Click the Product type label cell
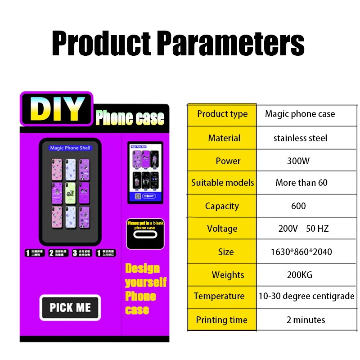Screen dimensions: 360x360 point(222,114)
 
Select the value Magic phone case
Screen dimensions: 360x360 point(300,114)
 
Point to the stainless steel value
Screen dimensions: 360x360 point(300,138)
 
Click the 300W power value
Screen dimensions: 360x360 point(298,161)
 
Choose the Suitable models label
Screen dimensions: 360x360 point(222,183)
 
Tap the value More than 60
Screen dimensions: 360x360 point(301,183)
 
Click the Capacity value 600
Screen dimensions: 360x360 point(298,206)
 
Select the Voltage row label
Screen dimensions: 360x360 point(222,229)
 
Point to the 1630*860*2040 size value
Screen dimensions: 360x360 point(301,252)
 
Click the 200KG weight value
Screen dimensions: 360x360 point(299,275)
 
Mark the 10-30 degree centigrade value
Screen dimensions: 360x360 point(306,296)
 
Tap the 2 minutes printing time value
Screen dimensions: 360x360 point(306,320)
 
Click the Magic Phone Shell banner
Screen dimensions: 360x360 point(70,148)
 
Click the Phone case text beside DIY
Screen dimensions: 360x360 point(130,118)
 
